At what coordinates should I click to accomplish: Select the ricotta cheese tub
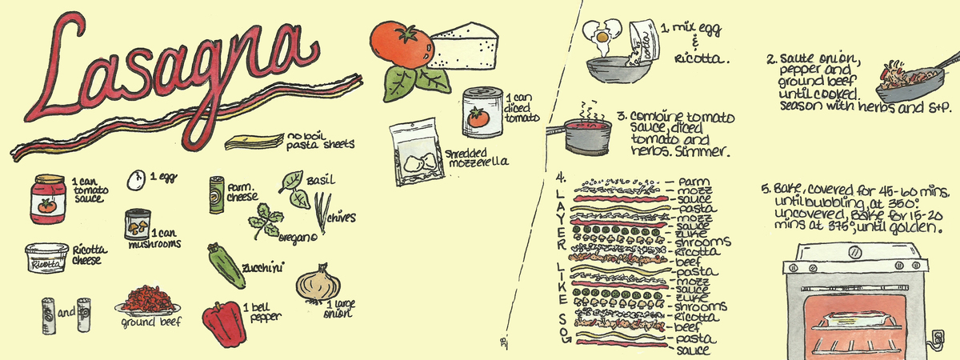coord(50,258)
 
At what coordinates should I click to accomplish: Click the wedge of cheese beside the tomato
coord(463,46)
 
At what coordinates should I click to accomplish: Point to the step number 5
coord(766,190)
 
